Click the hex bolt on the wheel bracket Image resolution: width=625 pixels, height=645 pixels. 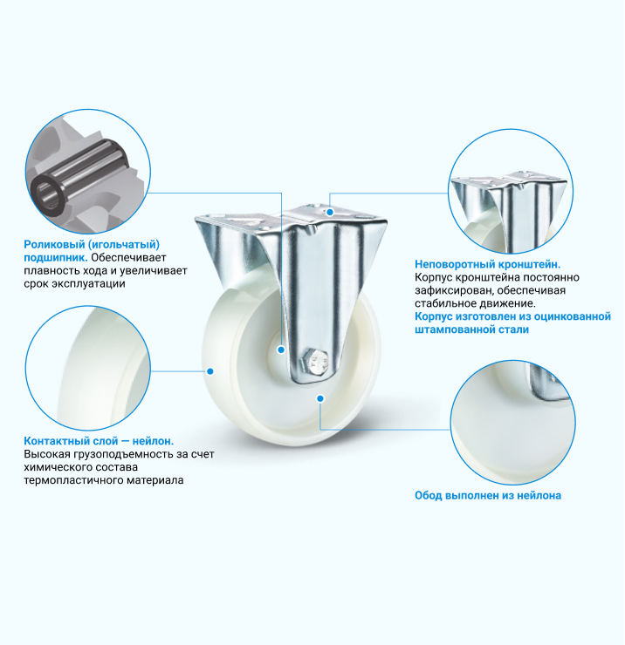point(315,363)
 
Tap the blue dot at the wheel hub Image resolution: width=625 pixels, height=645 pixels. point(281,350)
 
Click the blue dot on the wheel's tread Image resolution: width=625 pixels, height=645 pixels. point(210,371)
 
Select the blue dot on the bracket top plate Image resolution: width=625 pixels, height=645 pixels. point(330,213)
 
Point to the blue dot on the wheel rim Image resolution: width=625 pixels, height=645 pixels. point(320,398)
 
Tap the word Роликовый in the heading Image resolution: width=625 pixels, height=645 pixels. point(54,245)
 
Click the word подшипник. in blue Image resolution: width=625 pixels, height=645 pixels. point(56,258)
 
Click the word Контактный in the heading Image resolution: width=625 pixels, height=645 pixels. point(53,441)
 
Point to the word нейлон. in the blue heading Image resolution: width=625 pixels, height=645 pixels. point(153,441)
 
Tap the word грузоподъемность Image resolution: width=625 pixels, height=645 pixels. point(120,454)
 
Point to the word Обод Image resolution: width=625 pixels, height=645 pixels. point(428,495)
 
